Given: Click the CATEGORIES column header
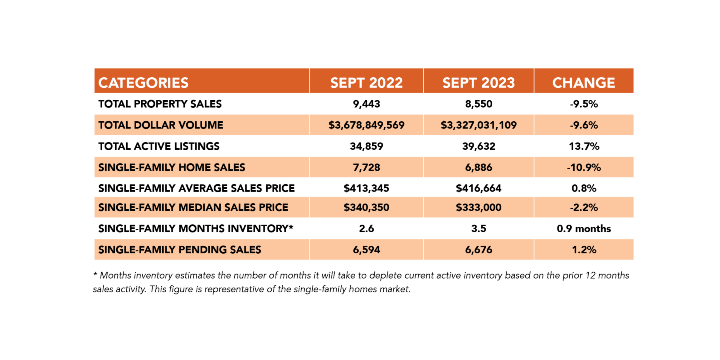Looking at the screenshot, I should click(144, 83).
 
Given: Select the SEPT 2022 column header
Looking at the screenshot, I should click(367, 83).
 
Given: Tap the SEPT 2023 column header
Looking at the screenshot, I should click(479, 83).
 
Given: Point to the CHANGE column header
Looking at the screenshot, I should click(584, 83).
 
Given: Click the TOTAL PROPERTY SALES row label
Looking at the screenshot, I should click(160, 104).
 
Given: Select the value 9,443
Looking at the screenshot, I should click(367, 104).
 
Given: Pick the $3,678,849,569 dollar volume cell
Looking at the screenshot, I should click(367, 125).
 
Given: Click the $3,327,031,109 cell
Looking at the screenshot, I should click(479, 125).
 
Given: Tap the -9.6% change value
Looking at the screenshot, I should click(584, 125).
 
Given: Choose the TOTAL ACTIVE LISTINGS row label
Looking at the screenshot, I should click(159, 146).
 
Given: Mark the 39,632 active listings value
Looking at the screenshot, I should click(479, 146).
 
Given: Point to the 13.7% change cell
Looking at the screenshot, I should click(584, 146).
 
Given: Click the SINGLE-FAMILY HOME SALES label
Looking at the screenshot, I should click(172, 168).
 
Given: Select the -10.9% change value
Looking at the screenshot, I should click(584, 168).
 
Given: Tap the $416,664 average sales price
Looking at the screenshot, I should click(479, 188).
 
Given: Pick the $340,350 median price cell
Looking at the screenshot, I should click(367, 207).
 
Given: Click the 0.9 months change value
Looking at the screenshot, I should click(584, 229).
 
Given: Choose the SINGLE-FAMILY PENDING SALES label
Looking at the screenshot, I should click(180, 250).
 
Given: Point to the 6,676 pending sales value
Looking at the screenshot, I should click(479, 250).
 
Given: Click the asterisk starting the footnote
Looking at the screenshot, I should click(95, 274).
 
